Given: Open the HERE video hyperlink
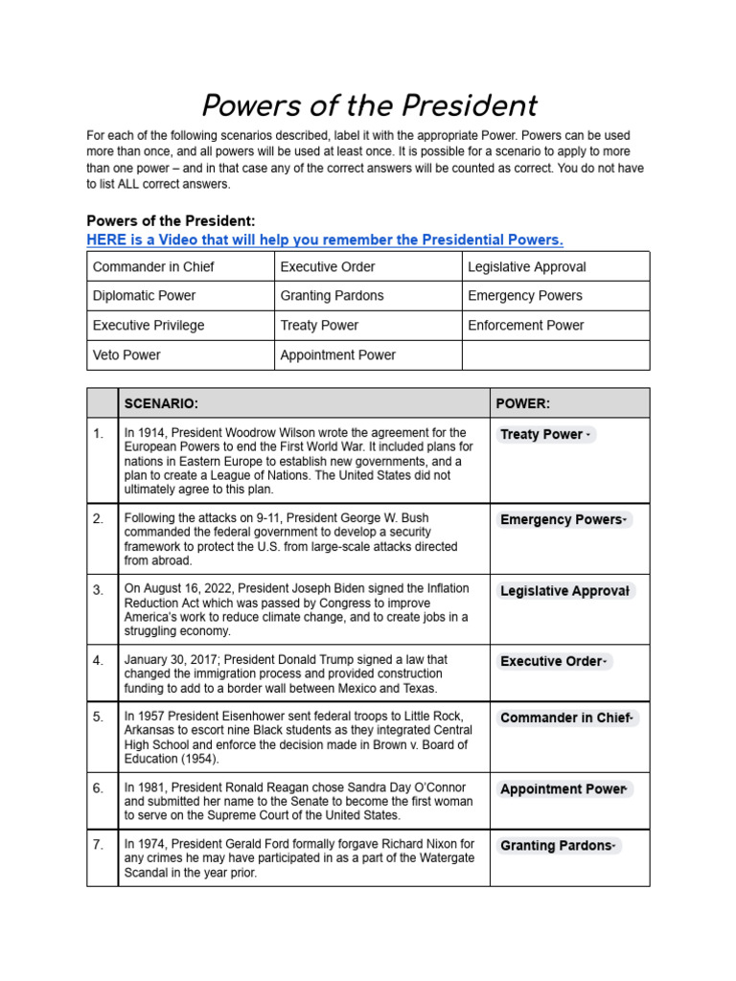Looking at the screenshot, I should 325,240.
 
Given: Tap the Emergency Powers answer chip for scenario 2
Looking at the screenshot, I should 563,519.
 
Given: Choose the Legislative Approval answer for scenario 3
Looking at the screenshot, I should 564,591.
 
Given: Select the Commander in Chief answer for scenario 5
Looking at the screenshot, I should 566,718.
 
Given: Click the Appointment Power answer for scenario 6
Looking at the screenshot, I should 564,789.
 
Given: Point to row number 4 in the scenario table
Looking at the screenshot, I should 99,661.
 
